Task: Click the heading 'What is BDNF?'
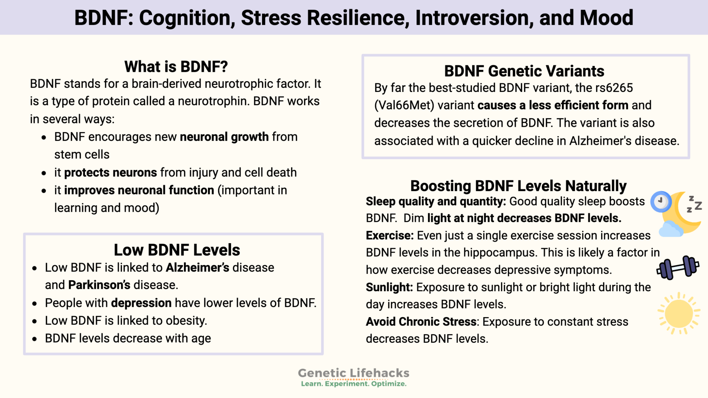176,66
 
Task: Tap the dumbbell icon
678,268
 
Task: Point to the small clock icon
661,202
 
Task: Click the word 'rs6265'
614,88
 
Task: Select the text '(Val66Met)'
404,105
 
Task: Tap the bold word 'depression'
141,303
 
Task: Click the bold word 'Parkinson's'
99,285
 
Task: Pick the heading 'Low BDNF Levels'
177,250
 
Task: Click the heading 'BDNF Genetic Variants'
524,71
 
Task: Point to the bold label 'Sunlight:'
389,287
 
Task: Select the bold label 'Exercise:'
390,236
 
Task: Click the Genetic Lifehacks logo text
353,373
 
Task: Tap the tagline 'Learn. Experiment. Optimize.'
353,384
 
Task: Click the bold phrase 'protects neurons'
111,172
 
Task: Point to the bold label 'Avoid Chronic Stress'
421,322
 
